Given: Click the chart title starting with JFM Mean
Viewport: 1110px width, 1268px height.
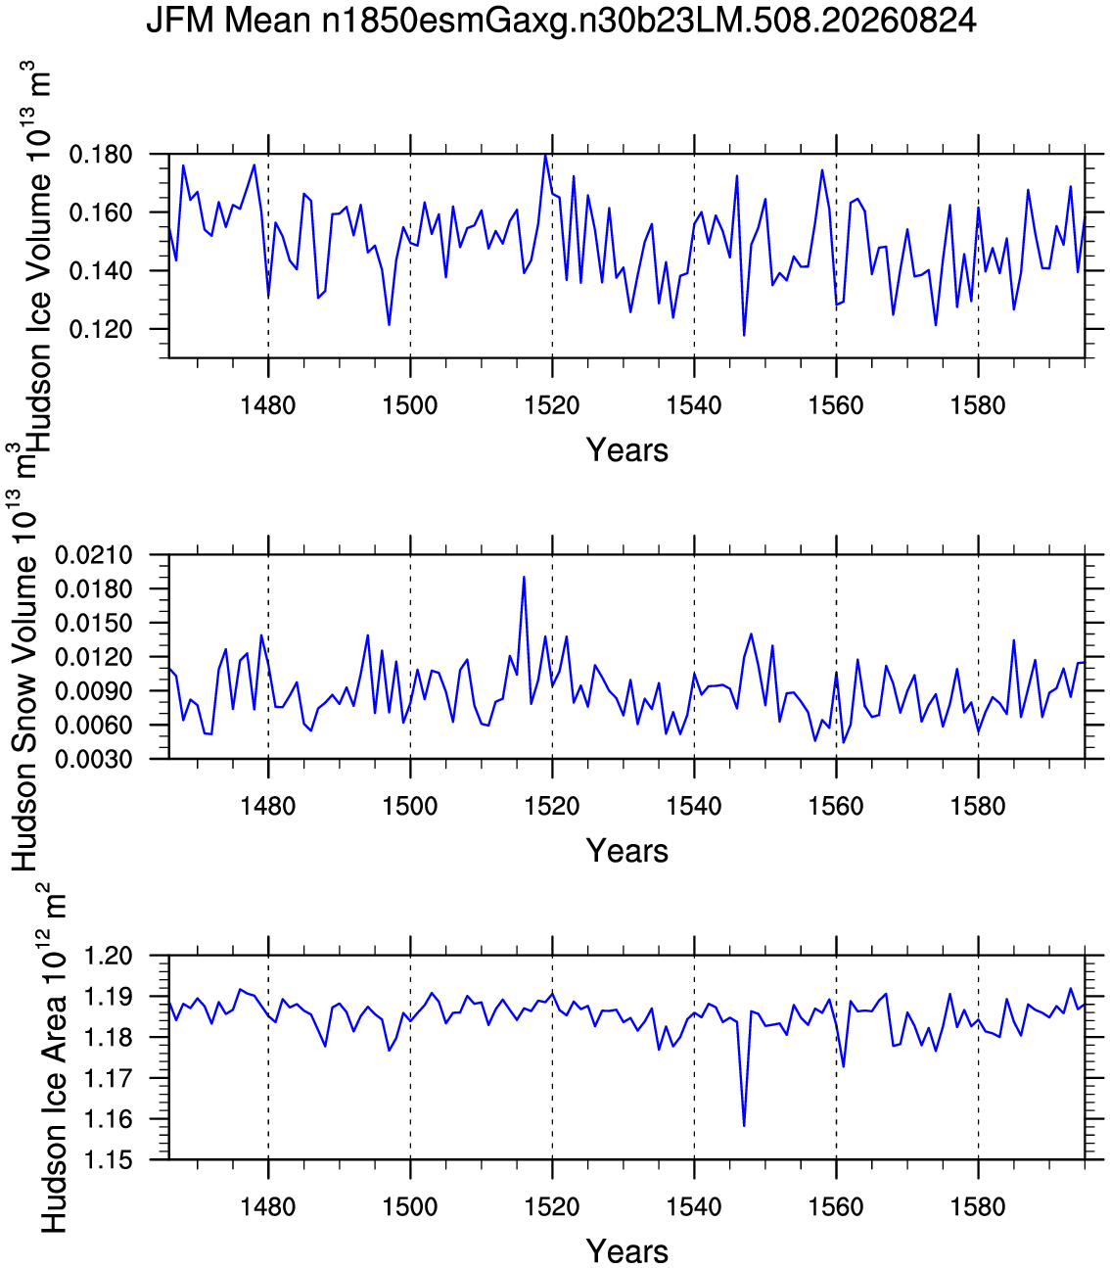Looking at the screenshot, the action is [561, 21].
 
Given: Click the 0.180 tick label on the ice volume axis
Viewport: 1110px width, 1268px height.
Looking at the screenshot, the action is [101, 155].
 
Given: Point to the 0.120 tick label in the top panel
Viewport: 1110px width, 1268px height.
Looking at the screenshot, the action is [101, 330].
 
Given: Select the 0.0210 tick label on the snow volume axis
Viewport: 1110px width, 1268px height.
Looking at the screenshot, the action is [94, 555].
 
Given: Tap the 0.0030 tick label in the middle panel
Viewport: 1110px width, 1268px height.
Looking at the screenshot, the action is [94, 759].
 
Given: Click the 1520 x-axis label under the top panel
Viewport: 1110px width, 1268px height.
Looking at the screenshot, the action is [552, 405].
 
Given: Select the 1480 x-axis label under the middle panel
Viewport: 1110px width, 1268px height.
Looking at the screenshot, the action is [268, 806].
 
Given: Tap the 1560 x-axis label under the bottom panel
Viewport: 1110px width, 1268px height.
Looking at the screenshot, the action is [836, 1206].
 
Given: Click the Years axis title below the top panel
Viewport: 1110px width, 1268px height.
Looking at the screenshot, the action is [626, 450].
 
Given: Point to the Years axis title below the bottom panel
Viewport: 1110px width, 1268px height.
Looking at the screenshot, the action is [626, 1250].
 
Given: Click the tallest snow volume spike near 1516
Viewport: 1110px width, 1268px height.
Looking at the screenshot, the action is [524, 578].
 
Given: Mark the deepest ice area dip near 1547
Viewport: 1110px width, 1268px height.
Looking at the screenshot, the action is [744, 1125].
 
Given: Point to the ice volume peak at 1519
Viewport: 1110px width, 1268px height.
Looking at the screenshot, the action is [545, 155].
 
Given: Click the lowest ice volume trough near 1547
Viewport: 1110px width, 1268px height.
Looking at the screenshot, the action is [744, 335].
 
